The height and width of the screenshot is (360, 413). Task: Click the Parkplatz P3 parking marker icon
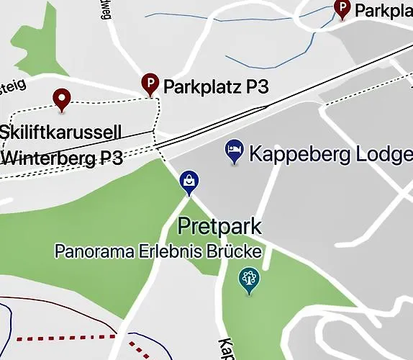[150, 84]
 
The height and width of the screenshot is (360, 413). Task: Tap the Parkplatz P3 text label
[216, 87]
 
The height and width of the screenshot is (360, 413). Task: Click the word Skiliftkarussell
[60, 132]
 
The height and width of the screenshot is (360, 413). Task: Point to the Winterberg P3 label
[63, 158]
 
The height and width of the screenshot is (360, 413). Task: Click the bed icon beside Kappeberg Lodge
[235, 150]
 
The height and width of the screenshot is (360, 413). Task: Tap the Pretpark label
[219, 227]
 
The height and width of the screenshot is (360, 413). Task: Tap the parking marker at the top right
[342, 9]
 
